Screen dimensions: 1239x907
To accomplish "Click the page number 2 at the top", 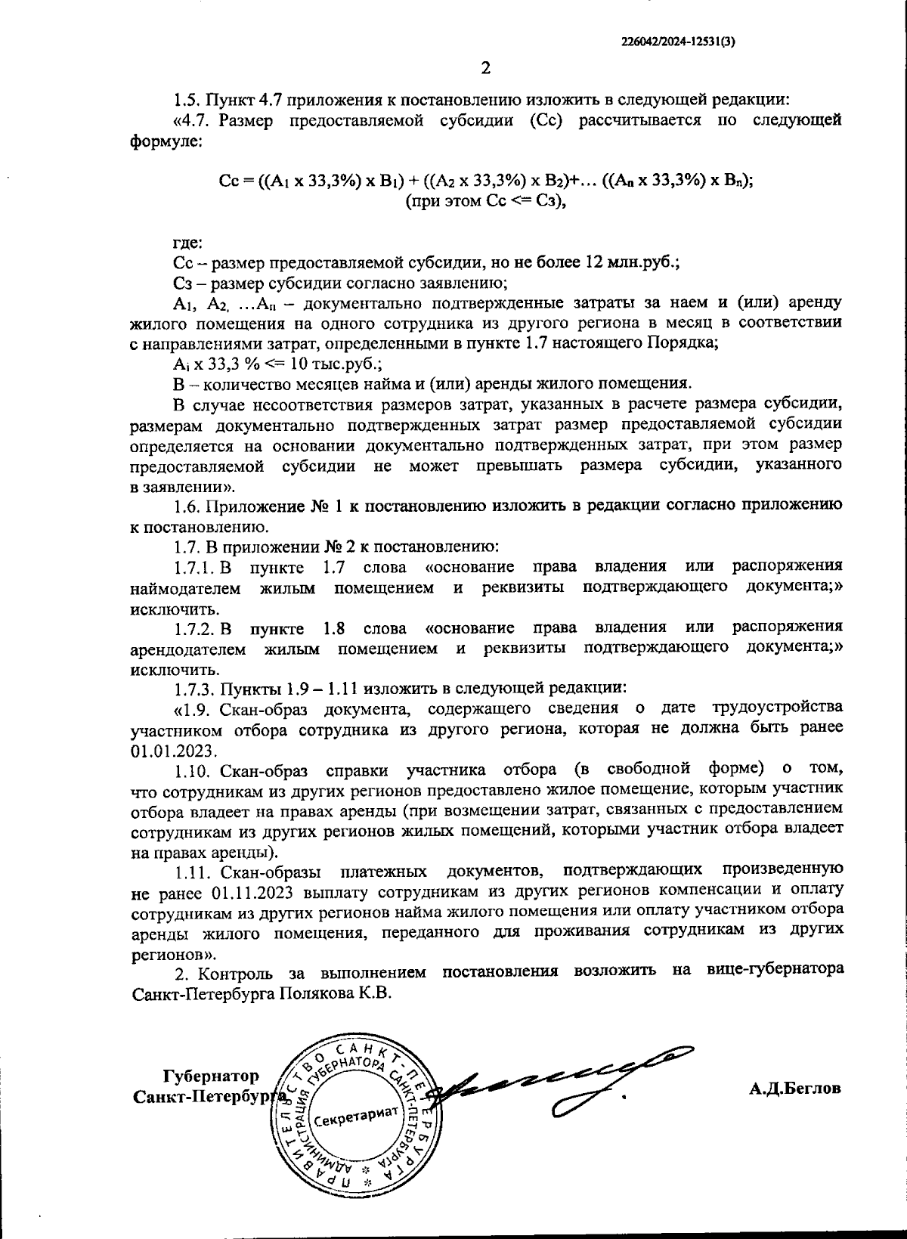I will [x=486, y=68].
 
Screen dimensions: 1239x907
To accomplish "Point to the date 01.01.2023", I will [x=174, y=751].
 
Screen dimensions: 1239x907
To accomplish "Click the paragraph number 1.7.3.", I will [x=194, y=689].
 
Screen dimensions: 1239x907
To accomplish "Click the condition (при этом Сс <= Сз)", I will [x=485, y=203].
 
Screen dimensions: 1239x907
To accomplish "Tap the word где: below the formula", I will [x=187, y=243].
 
